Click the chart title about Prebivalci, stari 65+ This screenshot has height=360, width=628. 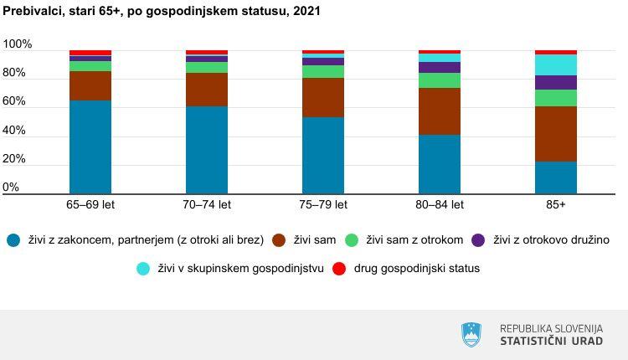[161, 12]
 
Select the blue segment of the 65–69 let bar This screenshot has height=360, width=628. [90, 147]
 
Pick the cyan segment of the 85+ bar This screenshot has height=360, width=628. [556, 64]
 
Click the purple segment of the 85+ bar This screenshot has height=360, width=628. [556, 82]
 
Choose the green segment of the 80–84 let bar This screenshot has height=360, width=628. [440, 80]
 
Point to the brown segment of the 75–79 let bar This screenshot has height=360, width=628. [323, 97]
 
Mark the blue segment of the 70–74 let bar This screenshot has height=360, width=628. [207, 150]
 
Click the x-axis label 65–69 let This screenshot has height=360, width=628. [90, 204]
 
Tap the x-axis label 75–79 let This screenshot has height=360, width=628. [323, 204]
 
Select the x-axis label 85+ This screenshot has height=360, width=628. [556, 204]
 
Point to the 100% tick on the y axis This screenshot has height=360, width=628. [18, 44]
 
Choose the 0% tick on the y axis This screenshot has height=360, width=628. [12, 188]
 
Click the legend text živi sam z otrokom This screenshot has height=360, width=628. [415, 240]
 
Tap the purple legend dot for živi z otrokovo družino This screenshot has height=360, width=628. [479, 240]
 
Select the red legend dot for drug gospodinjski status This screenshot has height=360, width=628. [339, 269]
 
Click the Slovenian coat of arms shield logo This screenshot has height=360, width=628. [472, 335]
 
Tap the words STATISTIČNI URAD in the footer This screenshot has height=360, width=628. [551, 342]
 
